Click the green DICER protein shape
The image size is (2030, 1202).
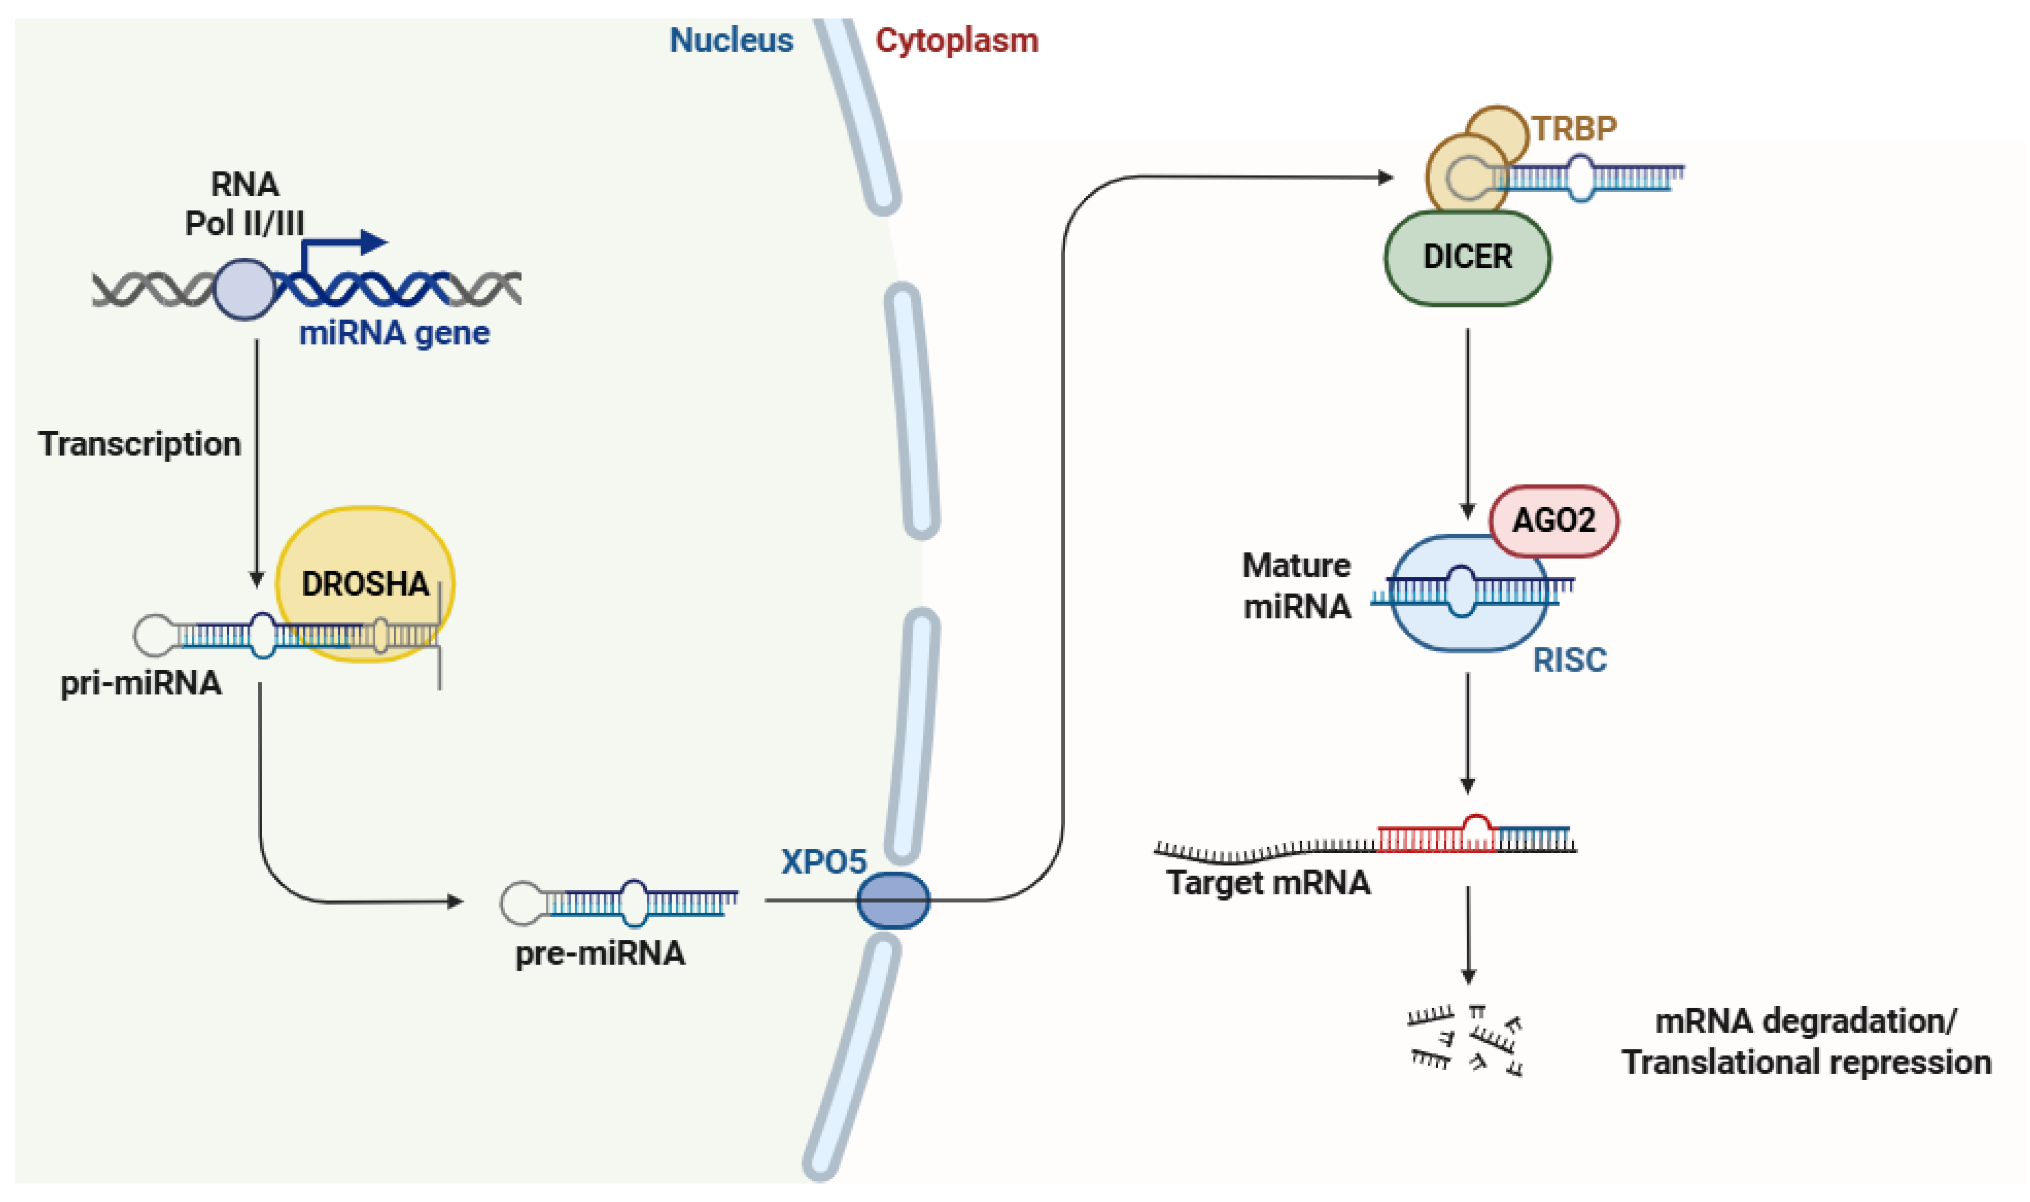pos(1467,257)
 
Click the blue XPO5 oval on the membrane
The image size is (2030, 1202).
pos(893,900)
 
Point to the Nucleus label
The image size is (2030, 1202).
pos(731,40)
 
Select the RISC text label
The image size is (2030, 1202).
pos(1569,660)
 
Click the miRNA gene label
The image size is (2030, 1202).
pos(394,333)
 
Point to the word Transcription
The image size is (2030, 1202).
pos(139,444)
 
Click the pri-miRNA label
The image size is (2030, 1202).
pos(141,683)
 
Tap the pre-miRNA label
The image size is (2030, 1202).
pos(600,953)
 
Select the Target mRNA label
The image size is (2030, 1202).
pos(1268,882)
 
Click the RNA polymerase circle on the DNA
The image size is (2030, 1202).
pos(244,289)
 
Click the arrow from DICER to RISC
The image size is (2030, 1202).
pos(1467,421)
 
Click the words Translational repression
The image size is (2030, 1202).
pos(1806,1062)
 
